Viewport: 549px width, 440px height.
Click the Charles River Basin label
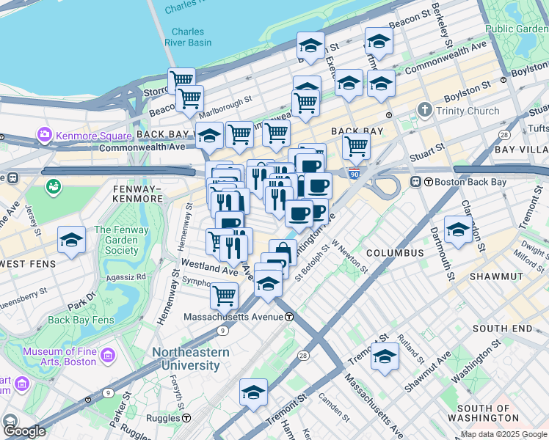(188, 37)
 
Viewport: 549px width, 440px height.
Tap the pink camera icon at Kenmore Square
(44, 136)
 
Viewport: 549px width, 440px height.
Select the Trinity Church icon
(424, 111)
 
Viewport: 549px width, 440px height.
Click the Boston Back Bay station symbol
(416, 182)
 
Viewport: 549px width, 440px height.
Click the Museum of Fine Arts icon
(108, 356)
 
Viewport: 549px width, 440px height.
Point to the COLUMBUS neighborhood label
(395, 253)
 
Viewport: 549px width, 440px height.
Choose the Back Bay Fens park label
(81, 320)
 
